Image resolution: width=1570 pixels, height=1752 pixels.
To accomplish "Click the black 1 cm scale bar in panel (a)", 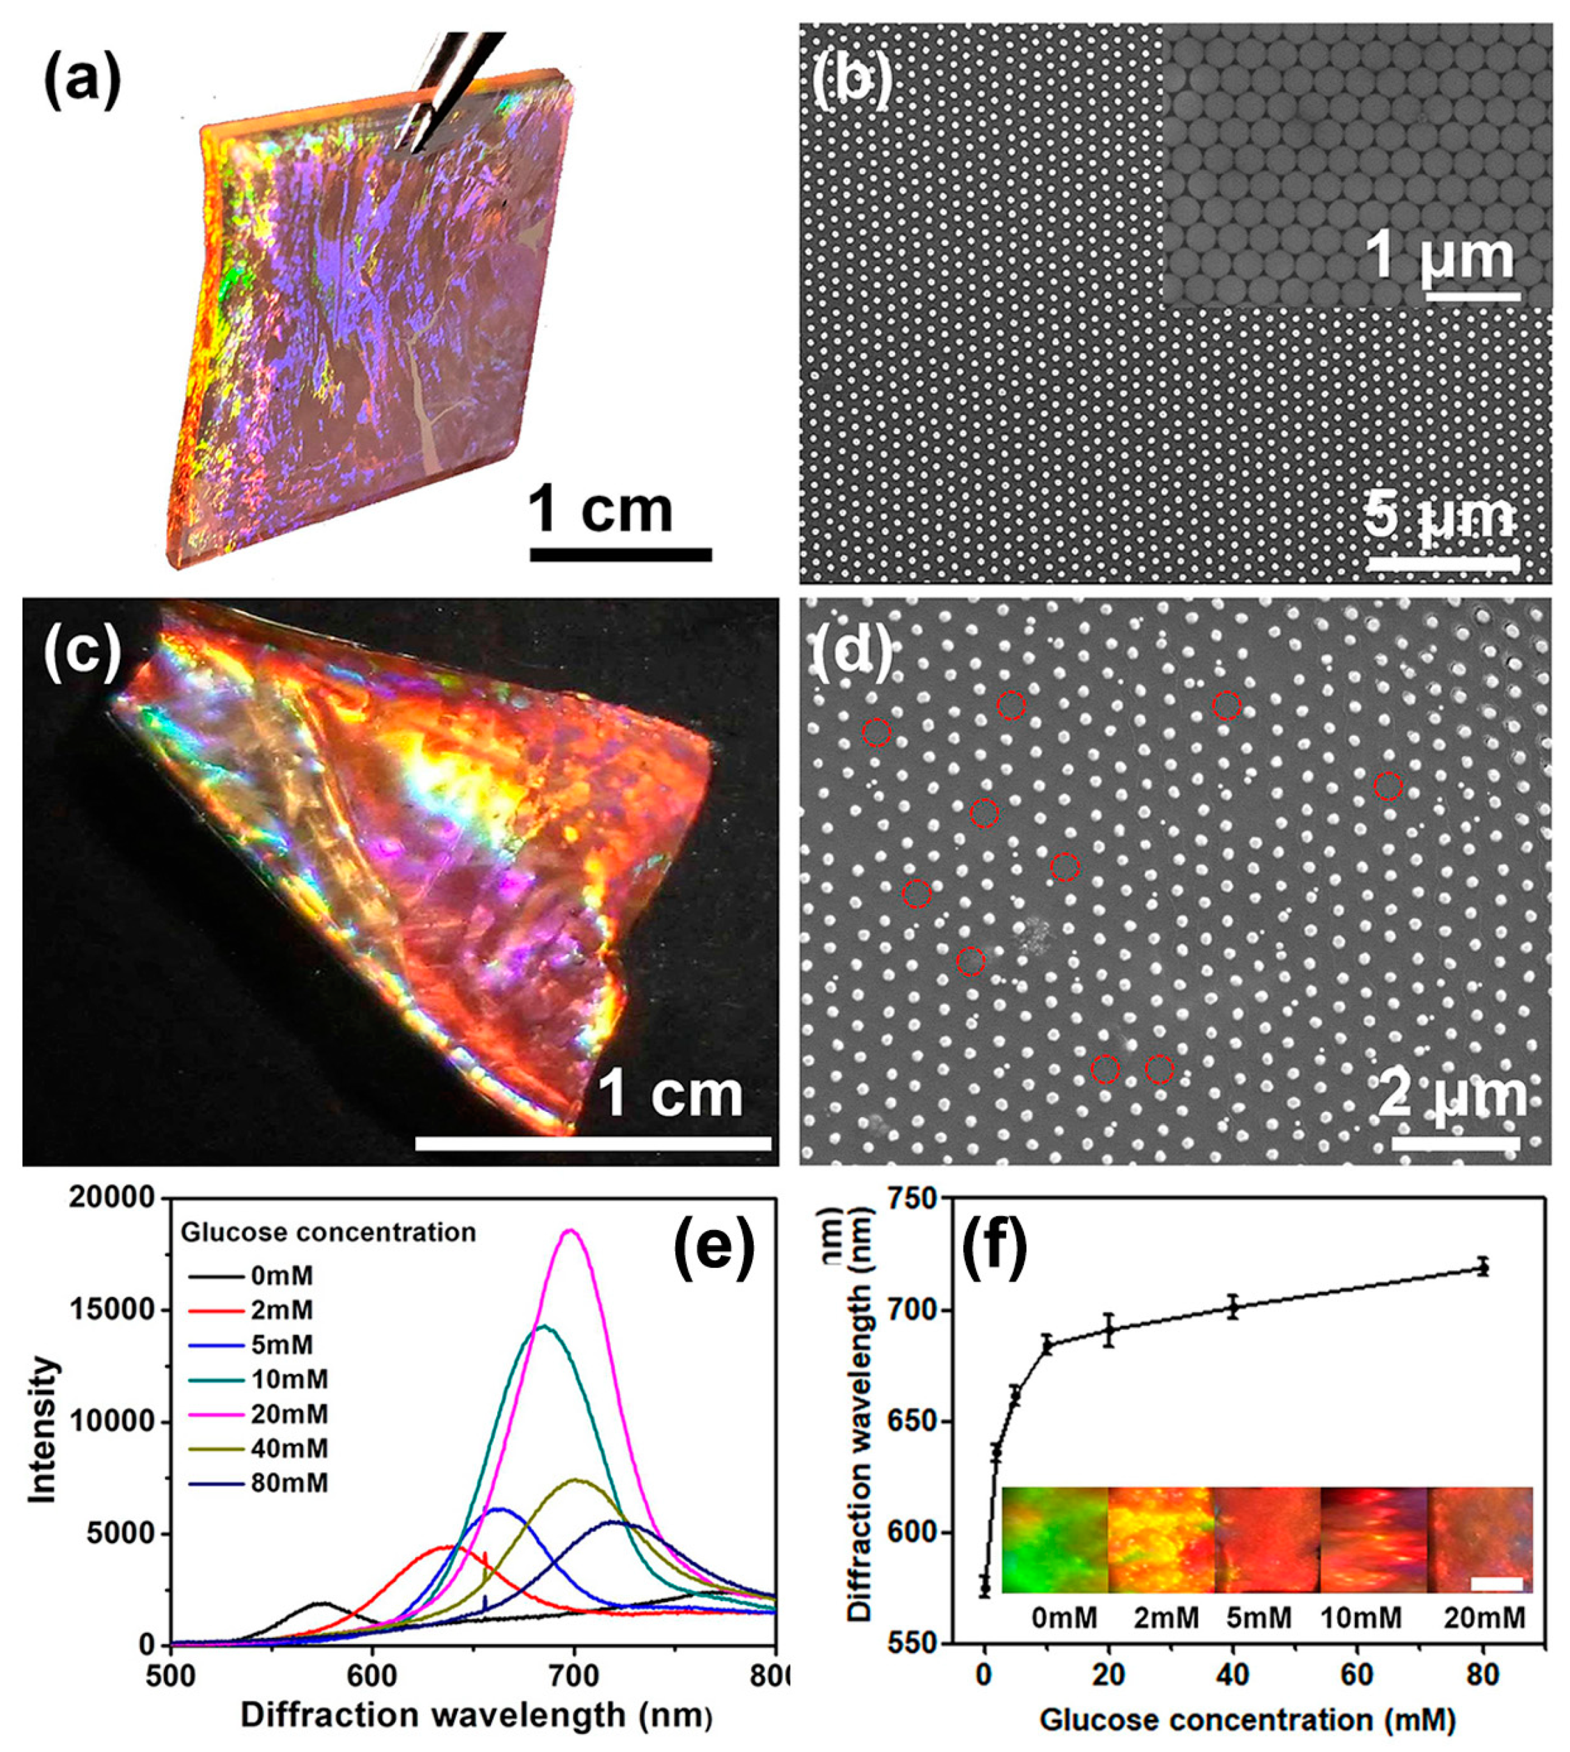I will (x=620, y=555).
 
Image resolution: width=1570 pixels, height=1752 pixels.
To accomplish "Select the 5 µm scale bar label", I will (x=1440, y=518).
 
